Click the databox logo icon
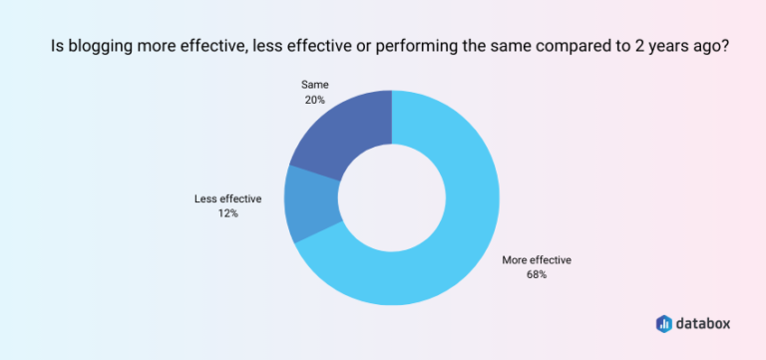coord(664,323)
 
